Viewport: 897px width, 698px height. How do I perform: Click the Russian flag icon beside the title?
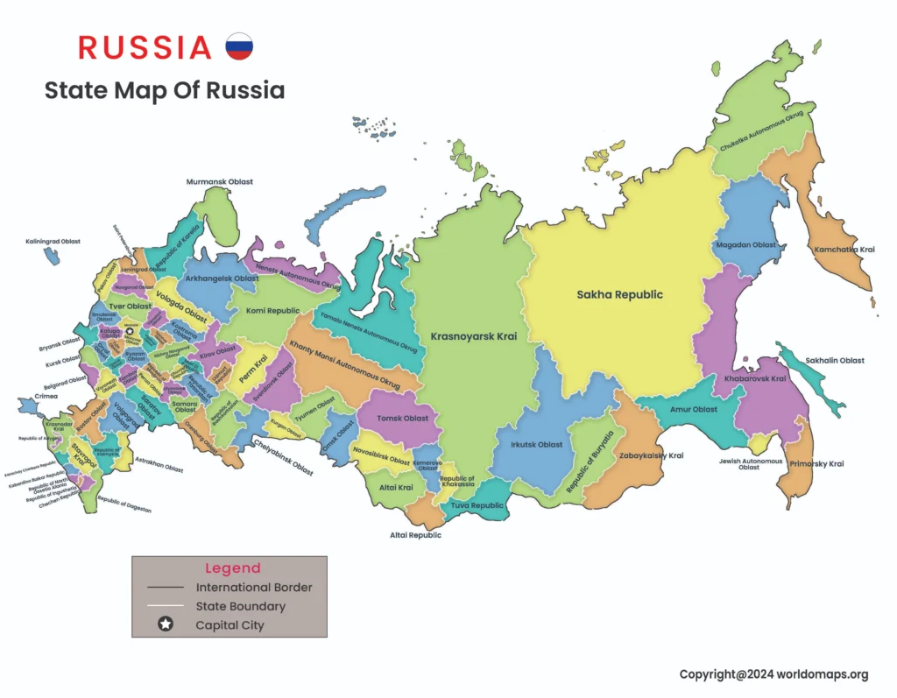coord(239,46)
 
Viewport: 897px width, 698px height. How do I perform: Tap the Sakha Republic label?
coord(619,294)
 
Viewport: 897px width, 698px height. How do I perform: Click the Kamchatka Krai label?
coord(844,250)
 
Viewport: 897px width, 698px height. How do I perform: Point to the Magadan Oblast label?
coord(745,245)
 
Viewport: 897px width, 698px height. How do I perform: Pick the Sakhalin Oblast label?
coord(834,360)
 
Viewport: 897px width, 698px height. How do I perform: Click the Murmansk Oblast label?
coord(219,182)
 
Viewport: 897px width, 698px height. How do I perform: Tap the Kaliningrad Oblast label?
coord(53,241)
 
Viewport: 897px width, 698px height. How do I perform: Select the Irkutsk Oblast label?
coord(537,445)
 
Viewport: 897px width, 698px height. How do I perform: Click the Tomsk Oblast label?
coord(402,418)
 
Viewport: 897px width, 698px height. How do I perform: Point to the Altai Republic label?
coord(415,535)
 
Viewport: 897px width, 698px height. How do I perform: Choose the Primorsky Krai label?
coord(816,463)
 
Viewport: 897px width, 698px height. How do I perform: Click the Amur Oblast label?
coord(695,409)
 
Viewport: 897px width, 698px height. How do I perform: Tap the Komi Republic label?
coord(272,311)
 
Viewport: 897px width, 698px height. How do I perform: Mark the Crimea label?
coord(46,397)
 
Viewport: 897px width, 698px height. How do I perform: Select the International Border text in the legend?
coord(253,588)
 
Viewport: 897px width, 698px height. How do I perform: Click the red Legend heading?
coord(232,568)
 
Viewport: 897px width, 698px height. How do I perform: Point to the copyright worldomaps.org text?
coord(773,674)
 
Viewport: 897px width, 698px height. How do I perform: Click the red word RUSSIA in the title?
coord(145,47)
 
